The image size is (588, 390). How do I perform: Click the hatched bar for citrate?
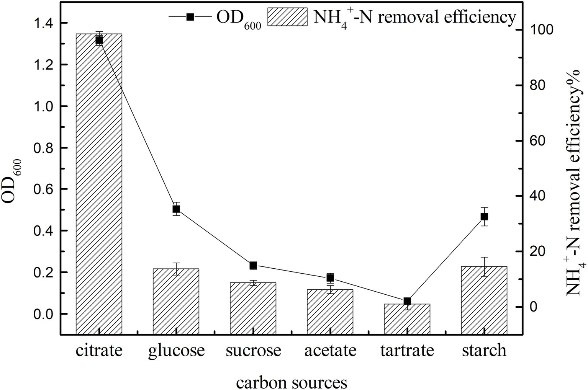[x=99, y=184]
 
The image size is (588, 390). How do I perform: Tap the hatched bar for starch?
[x=484, y=300]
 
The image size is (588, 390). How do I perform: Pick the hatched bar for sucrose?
[x=253, y=308]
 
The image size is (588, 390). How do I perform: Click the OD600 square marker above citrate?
[x=99, y=40]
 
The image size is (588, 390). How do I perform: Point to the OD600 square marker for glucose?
[x=176, y=209]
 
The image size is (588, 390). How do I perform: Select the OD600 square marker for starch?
[x=484, y=217]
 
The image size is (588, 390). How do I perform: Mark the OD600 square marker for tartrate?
[x=407, y=301]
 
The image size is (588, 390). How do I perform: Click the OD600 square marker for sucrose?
[x=253, y=265]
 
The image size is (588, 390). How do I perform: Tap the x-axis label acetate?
[x=330, y=350]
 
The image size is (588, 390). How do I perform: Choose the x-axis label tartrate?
[x=407, y=350]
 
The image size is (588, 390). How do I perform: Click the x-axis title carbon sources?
[x=292, y=382]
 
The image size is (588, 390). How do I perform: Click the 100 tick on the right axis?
[x=538, y=30]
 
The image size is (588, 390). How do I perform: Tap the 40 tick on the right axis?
[x=535, y=196]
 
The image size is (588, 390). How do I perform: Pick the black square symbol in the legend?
[x=190, y=17]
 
